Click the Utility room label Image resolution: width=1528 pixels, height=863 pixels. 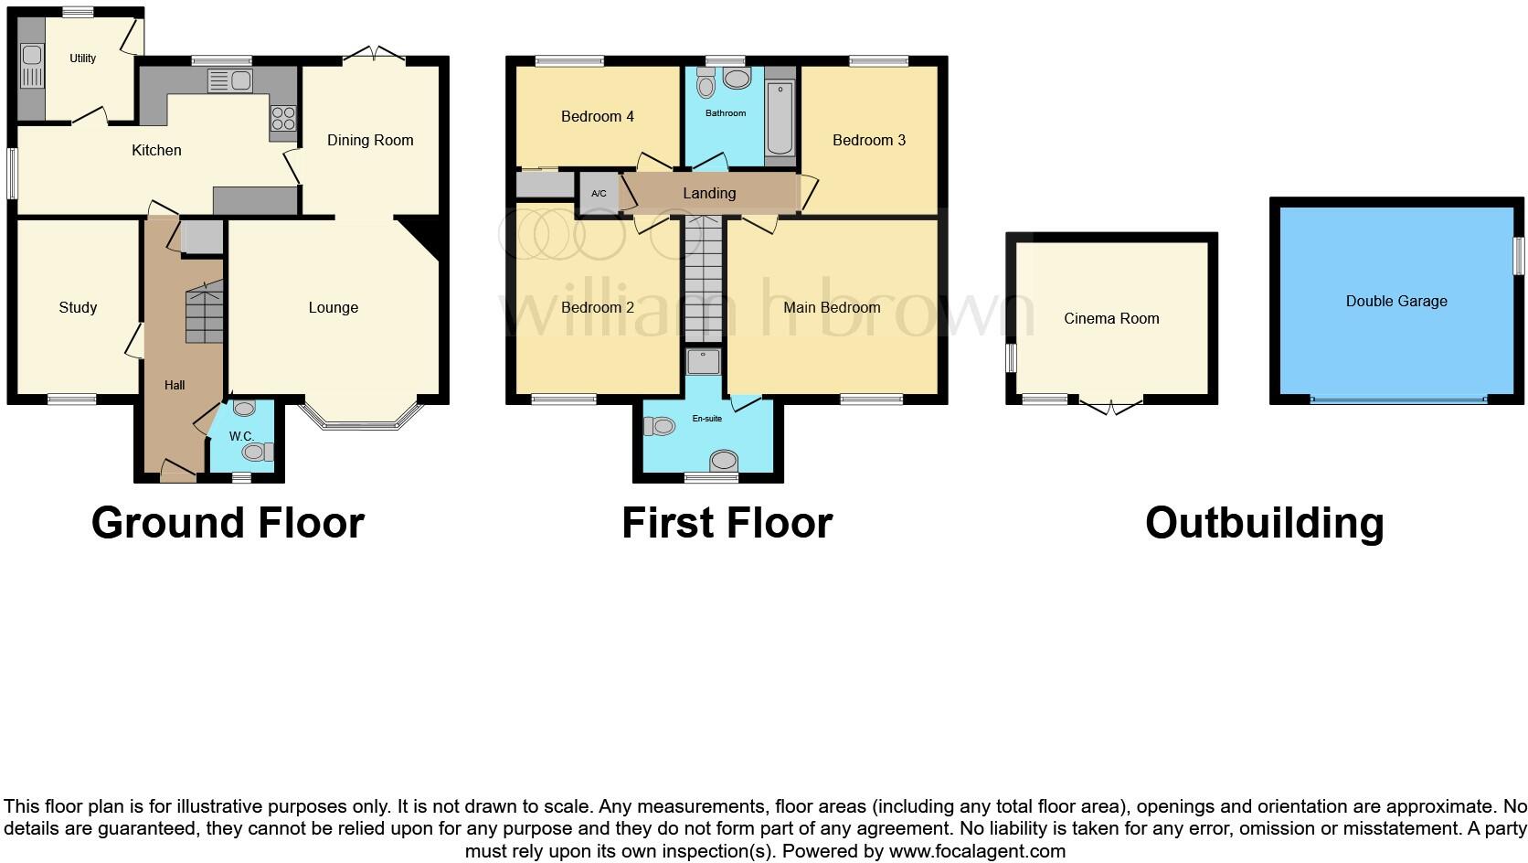82,58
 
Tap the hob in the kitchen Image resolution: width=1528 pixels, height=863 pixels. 283,119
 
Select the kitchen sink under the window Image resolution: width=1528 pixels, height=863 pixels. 230,81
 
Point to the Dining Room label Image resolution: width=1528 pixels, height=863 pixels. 370,140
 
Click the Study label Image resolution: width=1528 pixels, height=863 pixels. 78,307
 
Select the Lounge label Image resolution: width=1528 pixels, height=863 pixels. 333,307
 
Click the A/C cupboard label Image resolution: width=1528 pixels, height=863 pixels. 599,194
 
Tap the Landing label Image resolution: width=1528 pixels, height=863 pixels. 709,193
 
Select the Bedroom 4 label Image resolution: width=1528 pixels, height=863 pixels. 597,116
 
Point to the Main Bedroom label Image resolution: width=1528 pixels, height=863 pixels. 832,307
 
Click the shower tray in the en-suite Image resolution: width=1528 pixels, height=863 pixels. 704,362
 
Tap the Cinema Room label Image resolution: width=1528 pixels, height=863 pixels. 1111,318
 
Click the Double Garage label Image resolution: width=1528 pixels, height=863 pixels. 1396,301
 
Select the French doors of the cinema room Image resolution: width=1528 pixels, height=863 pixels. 1111,405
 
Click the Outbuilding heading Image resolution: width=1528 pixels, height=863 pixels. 1264,523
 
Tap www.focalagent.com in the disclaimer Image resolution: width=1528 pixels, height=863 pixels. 977,851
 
